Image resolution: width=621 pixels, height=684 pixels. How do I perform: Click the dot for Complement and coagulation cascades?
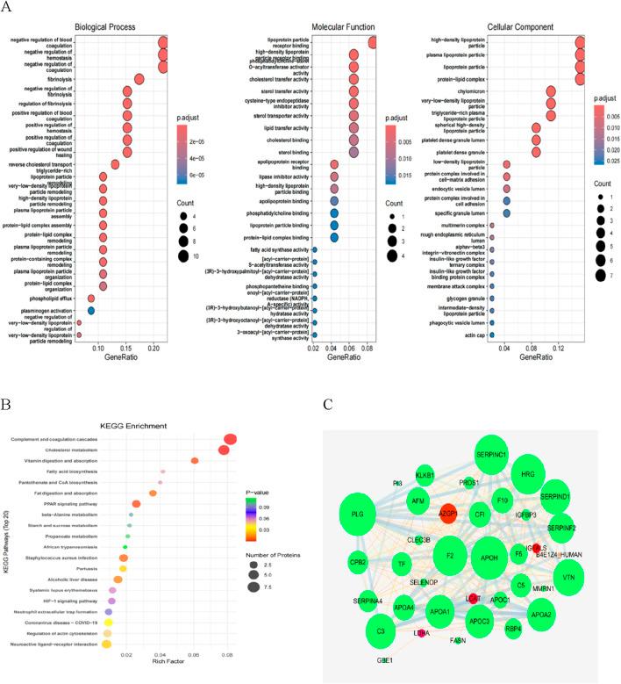click(x=232, y=439)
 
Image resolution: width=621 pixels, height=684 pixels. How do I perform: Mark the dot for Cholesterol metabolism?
click(x=225, y=450)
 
